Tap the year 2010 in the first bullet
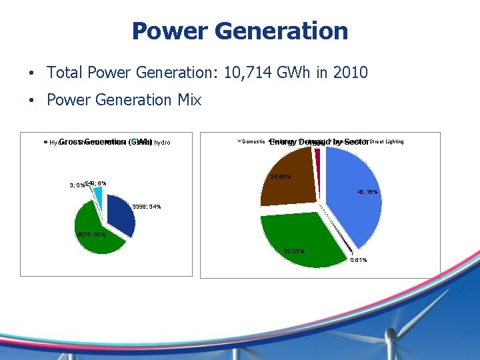351,72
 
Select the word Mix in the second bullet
189,100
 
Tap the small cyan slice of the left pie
98,194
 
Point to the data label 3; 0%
77,185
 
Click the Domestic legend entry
253,142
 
